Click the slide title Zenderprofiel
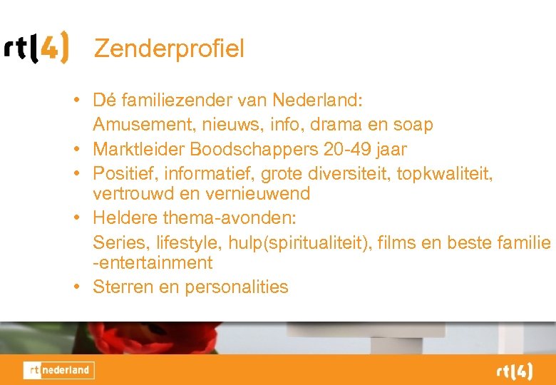[x=169, y=48]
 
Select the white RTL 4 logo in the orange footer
[x=514, y=371]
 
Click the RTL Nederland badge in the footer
[x=58, y=370]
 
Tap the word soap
[x=412, y=125]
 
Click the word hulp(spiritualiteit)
[x=294, y=242]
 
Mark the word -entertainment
[x=153, y=263]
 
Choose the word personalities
[x=237, y=287]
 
